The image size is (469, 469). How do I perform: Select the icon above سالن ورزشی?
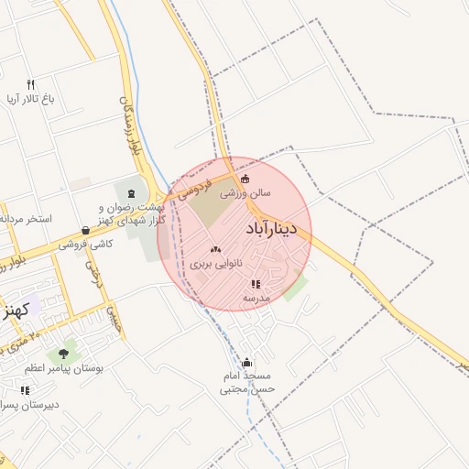(x=245, y=179)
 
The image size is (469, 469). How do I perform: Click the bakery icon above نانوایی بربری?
(x=216, y=249)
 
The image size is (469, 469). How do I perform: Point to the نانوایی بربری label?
(x=217, y=264)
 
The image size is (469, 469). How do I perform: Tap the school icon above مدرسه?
(x=256, y=284)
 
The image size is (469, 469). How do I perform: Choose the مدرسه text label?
(x=256, y=299)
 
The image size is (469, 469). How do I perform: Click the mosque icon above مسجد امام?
(x=247, y=363)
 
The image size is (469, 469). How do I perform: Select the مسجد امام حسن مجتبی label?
(x=247, y=383)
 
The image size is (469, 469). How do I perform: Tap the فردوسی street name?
(x=194, y=189)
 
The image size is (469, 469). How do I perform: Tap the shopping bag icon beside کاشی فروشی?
(x=85, y=231)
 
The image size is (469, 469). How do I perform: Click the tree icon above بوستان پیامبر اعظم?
(x=63, y=353)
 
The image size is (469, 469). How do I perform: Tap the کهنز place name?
(x=16, y=310)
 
